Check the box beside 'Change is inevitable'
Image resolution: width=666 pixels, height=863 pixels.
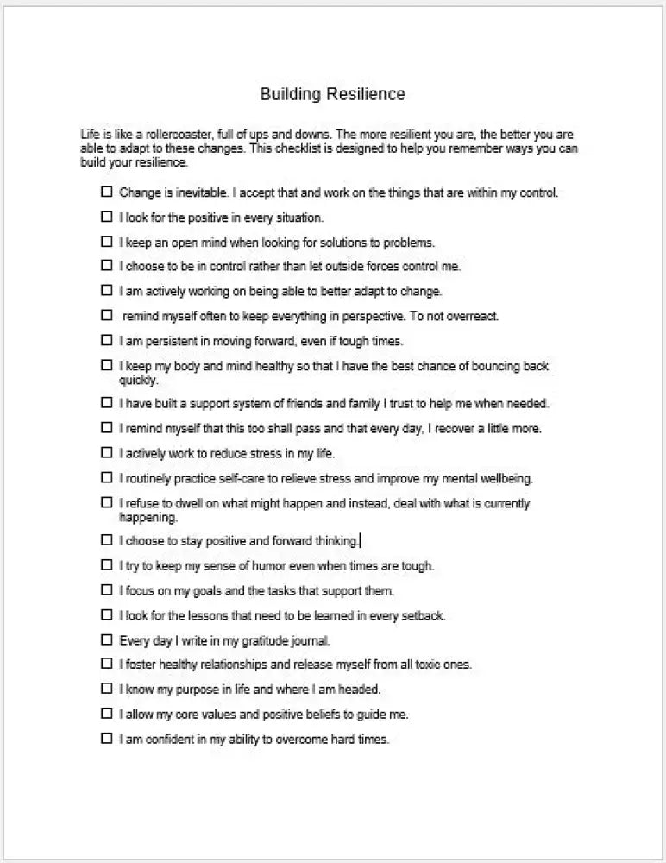tap(107, 192)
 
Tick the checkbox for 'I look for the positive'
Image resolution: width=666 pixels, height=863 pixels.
tap(107, 217)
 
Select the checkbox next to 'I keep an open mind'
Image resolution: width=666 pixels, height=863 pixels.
tap(107, 242)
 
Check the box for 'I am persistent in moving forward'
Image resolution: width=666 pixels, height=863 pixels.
tap(107, 340)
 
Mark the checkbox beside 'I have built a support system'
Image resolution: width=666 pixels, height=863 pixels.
tap(107, 403)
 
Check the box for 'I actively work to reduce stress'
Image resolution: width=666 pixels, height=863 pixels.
tap(107, 453)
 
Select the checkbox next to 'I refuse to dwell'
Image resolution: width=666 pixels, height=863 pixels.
tap(107, 502)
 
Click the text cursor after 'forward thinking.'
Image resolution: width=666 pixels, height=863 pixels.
tap(360, 541)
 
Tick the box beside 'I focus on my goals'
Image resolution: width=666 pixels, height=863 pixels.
tap(107, 591)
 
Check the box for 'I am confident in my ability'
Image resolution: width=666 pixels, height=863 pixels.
tap(107, 739)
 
